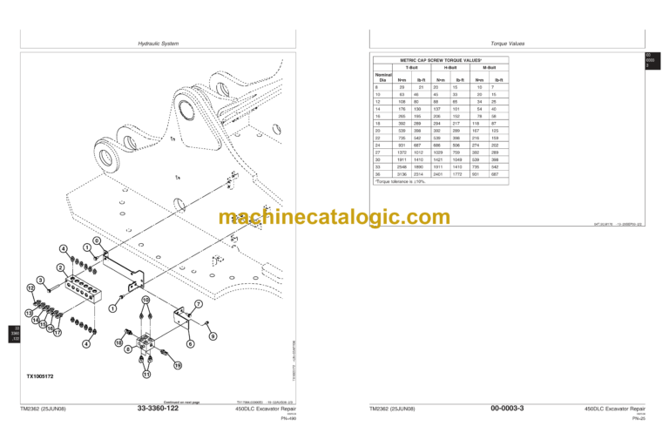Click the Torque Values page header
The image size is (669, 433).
(505, 43)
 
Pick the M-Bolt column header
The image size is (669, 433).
(489, 67)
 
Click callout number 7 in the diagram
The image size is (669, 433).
(199, 304)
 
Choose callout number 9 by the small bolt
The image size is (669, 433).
(213, 336)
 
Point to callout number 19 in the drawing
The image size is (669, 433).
(177, 366)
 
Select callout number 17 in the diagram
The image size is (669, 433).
(57, 332)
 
